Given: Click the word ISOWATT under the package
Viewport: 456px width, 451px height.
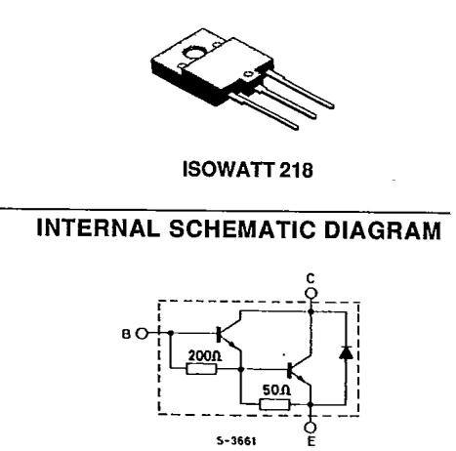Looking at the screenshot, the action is (228, 169).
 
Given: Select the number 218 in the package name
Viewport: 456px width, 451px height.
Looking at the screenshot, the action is (296, 170).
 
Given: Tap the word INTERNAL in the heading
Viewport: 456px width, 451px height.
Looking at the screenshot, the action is (98, 227).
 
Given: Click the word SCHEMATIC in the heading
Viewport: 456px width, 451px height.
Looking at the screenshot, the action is (242, 228).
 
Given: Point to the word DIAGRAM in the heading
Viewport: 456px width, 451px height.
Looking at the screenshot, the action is (383, 229).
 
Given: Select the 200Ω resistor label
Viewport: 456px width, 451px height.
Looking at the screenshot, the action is (205, 355).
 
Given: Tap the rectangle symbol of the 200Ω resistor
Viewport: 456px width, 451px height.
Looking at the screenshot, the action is (201, 369).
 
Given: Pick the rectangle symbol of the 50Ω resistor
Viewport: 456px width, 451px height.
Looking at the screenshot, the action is (274, 404).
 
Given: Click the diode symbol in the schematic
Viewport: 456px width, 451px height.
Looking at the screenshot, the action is (346, 352).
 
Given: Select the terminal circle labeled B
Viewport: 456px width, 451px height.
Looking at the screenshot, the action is (142, 333).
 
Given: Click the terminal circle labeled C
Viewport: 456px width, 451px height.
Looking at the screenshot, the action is (311, 293).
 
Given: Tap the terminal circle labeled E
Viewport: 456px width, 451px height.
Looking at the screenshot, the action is (311, 427).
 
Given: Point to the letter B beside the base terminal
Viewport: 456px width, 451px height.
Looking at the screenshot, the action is (126, 334).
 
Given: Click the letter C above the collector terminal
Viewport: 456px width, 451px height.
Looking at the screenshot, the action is (311, 279).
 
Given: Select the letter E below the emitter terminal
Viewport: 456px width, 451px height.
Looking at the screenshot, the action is (311, 441).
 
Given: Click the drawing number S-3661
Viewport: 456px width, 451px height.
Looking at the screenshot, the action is (236, 441).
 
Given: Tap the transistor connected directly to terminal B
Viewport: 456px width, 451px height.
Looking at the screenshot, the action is (228, 334).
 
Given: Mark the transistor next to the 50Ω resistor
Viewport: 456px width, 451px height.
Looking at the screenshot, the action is (300, 370).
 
